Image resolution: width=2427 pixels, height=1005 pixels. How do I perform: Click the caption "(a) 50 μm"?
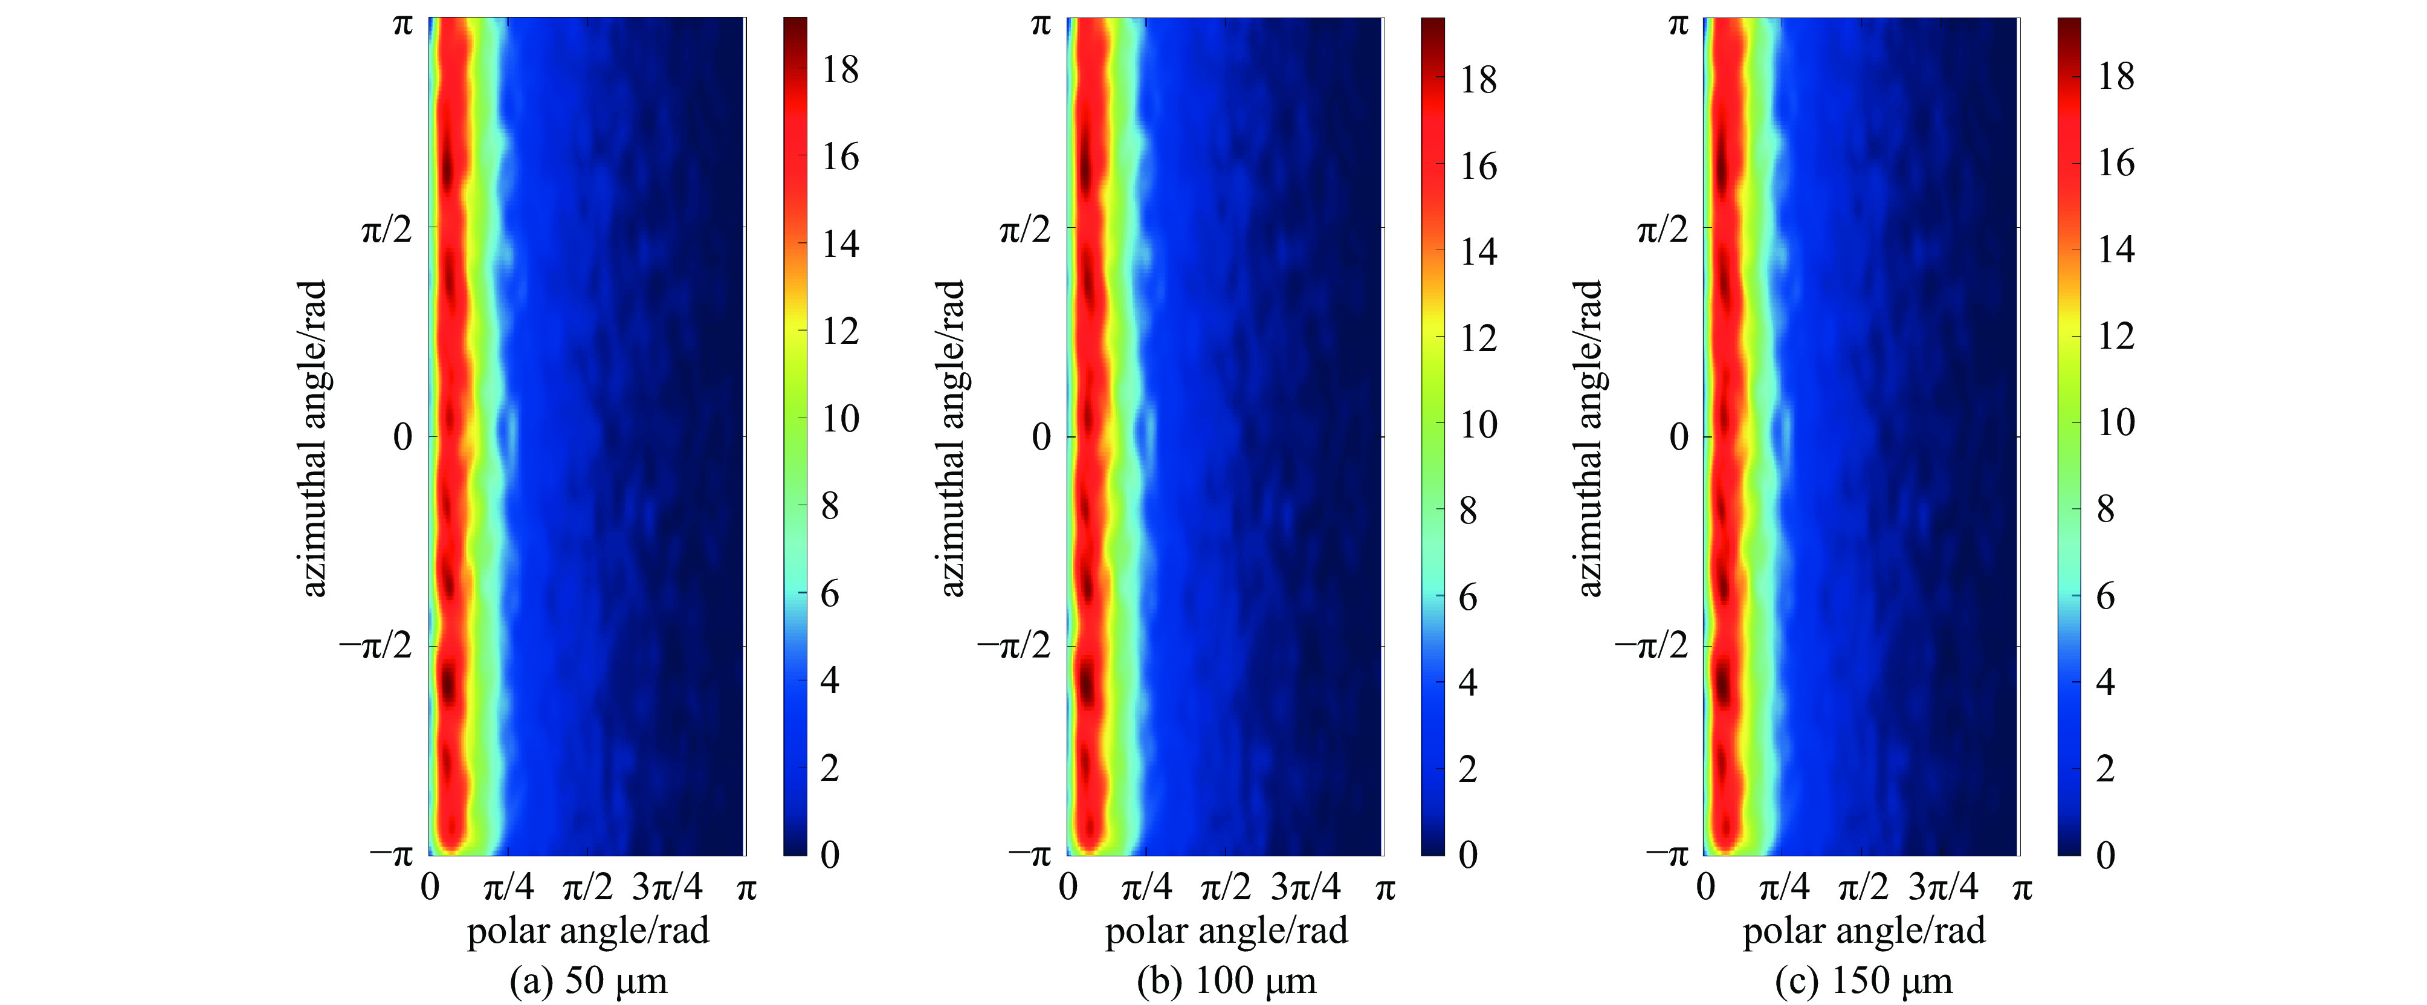point(588,980)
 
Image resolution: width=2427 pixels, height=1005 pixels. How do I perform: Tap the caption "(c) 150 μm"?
point(1864,980)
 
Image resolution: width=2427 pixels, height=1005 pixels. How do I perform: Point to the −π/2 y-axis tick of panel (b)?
point(1013,646)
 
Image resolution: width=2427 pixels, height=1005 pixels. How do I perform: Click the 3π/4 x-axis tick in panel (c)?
point(1943,887)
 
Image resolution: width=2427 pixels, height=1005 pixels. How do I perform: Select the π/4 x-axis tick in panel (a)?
point(509,887)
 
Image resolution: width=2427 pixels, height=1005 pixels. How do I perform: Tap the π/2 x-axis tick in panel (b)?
point(1226,887)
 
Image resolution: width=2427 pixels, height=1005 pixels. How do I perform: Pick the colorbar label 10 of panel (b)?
point(1478,425)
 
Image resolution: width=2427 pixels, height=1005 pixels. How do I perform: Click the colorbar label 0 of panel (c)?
point(2105,855)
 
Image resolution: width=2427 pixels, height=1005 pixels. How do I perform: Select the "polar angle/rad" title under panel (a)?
point(588,931)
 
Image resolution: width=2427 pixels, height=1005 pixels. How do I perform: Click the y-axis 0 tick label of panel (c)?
point(1679,437)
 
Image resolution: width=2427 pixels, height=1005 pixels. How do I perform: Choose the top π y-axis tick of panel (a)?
point(402,24)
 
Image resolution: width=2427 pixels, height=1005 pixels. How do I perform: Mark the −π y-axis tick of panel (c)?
point(1666,855)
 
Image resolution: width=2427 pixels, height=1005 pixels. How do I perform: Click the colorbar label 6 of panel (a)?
point(830,594)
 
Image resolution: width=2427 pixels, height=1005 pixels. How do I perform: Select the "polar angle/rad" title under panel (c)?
point(1864,931)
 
